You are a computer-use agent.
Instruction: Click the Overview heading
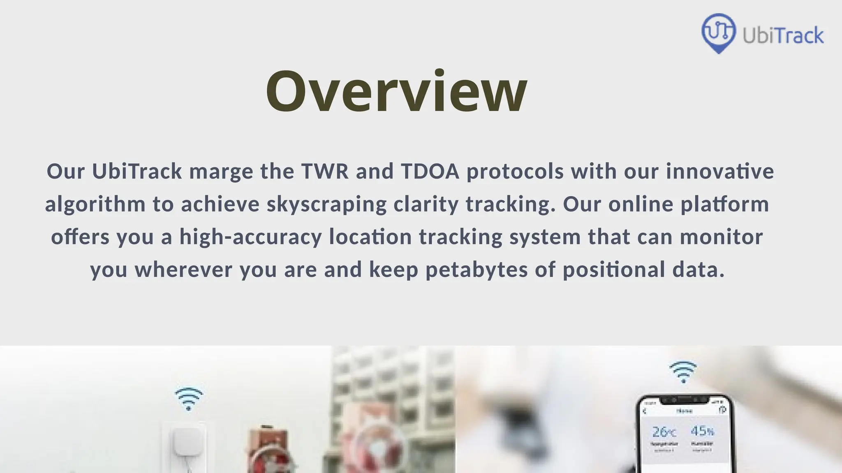pos(396,91)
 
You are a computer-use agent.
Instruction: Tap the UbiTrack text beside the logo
pos(783,36)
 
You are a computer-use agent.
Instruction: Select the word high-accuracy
pos(250,237)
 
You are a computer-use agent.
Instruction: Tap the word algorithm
pos(95,204)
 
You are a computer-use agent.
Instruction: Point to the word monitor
pos(721,237)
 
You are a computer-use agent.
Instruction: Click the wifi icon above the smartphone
pos(683,372)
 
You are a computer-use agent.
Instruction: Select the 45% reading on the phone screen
pos(702,431)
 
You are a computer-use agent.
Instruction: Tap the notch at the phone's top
pos(684,400)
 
